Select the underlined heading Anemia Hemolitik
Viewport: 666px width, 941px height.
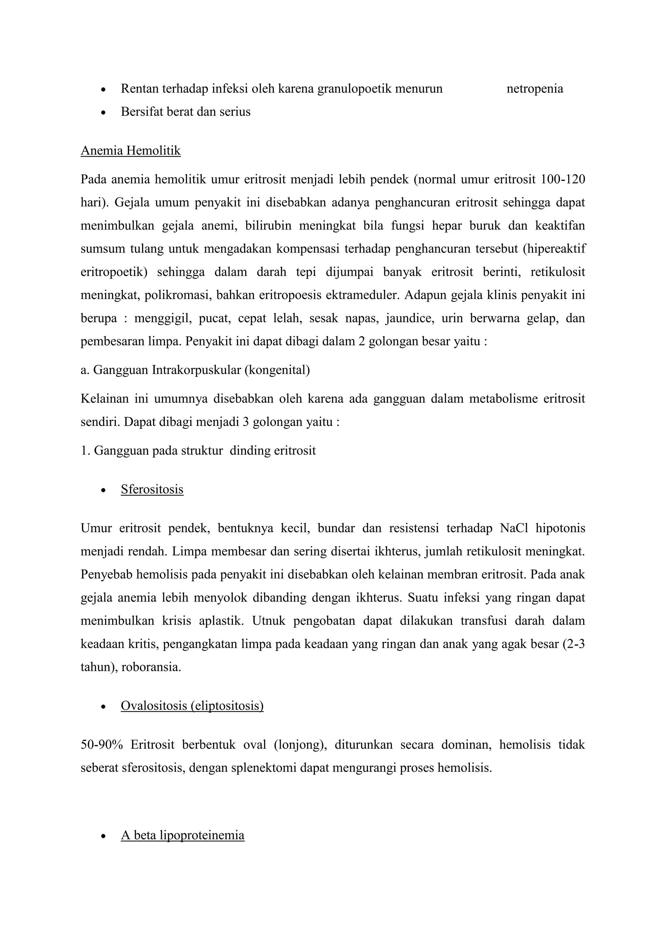pyautogui.click(x=130, y=151)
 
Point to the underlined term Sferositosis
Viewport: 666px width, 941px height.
pyautogui.click(x=152, y=489)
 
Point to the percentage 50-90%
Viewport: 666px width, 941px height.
pyautogui.click(x=102, y=745)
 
